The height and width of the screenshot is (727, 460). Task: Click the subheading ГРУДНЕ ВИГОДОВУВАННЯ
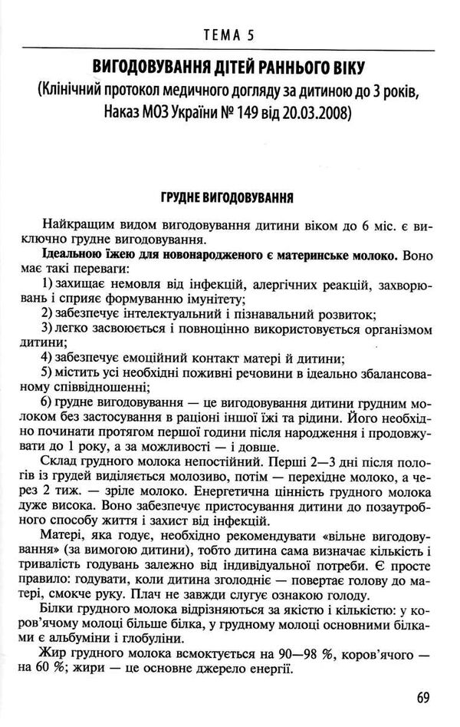229,193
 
